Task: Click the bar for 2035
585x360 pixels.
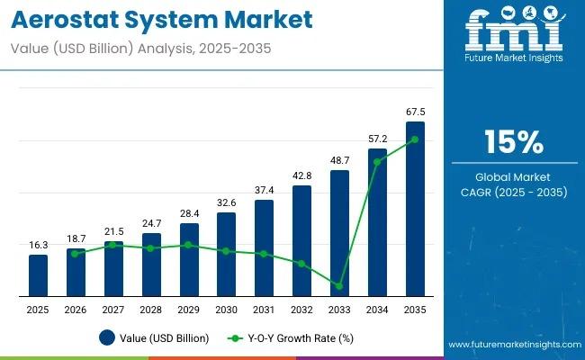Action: tap(415, 209)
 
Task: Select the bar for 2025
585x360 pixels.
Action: tap(38, 275)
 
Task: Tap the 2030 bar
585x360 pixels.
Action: tap(226, 254)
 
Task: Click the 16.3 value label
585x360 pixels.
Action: tap(38, 245)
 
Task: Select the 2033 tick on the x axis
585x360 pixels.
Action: tap(339, 310)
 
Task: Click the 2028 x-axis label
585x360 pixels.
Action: tap(151, 310)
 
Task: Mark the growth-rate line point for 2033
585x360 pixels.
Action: tap(339, 286)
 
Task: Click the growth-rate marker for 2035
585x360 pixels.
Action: tap(415, 139)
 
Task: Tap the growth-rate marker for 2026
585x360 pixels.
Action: tap(76, 254)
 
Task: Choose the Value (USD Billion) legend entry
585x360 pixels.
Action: tap(154, 338)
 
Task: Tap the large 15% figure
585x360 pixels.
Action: tap(513, 142)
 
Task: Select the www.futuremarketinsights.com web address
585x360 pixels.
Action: tap(513, 345)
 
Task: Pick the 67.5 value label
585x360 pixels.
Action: tap(415, 112)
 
